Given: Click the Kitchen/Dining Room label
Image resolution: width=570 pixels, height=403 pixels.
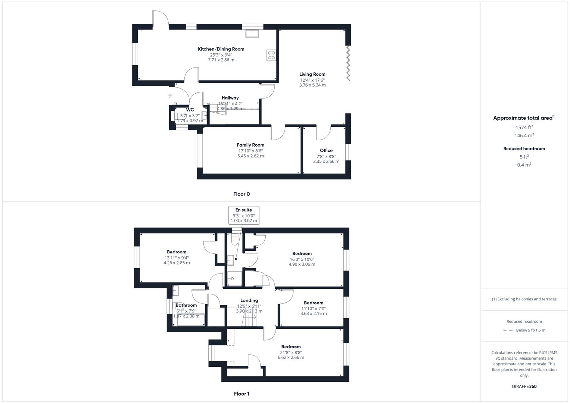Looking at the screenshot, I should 221,49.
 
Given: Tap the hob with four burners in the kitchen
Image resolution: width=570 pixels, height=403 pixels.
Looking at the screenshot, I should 271,55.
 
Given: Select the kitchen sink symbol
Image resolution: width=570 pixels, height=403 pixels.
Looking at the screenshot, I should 253,34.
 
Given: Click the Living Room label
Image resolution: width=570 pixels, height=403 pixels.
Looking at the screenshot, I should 312,74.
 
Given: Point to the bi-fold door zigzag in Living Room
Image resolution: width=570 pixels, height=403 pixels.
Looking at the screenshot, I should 348,62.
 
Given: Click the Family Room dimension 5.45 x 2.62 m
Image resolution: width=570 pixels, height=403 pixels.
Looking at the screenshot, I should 250,156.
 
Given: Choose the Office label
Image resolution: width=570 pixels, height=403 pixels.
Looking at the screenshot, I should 326,150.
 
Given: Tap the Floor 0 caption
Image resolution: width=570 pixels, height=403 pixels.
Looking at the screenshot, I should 242,194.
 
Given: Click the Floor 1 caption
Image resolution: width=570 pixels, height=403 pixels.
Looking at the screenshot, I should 242,394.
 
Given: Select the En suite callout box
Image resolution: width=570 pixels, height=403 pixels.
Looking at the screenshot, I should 244,215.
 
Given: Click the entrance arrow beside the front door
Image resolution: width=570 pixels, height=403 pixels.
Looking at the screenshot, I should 170,96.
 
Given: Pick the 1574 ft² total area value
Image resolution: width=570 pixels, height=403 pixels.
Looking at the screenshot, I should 524,127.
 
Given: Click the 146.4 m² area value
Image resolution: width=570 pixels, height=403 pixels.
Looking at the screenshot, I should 524,135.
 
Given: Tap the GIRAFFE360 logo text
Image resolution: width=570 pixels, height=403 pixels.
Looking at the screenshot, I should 524,386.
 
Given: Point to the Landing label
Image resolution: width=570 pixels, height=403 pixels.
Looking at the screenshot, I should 249,300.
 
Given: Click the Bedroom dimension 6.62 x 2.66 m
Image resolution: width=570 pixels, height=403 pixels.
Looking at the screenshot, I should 291,357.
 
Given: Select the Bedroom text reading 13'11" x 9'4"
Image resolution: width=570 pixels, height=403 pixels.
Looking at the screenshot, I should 177,257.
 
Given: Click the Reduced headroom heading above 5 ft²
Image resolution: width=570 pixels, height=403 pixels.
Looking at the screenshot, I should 524,149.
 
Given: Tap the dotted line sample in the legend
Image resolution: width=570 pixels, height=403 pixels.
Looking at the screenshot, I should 508,330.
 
